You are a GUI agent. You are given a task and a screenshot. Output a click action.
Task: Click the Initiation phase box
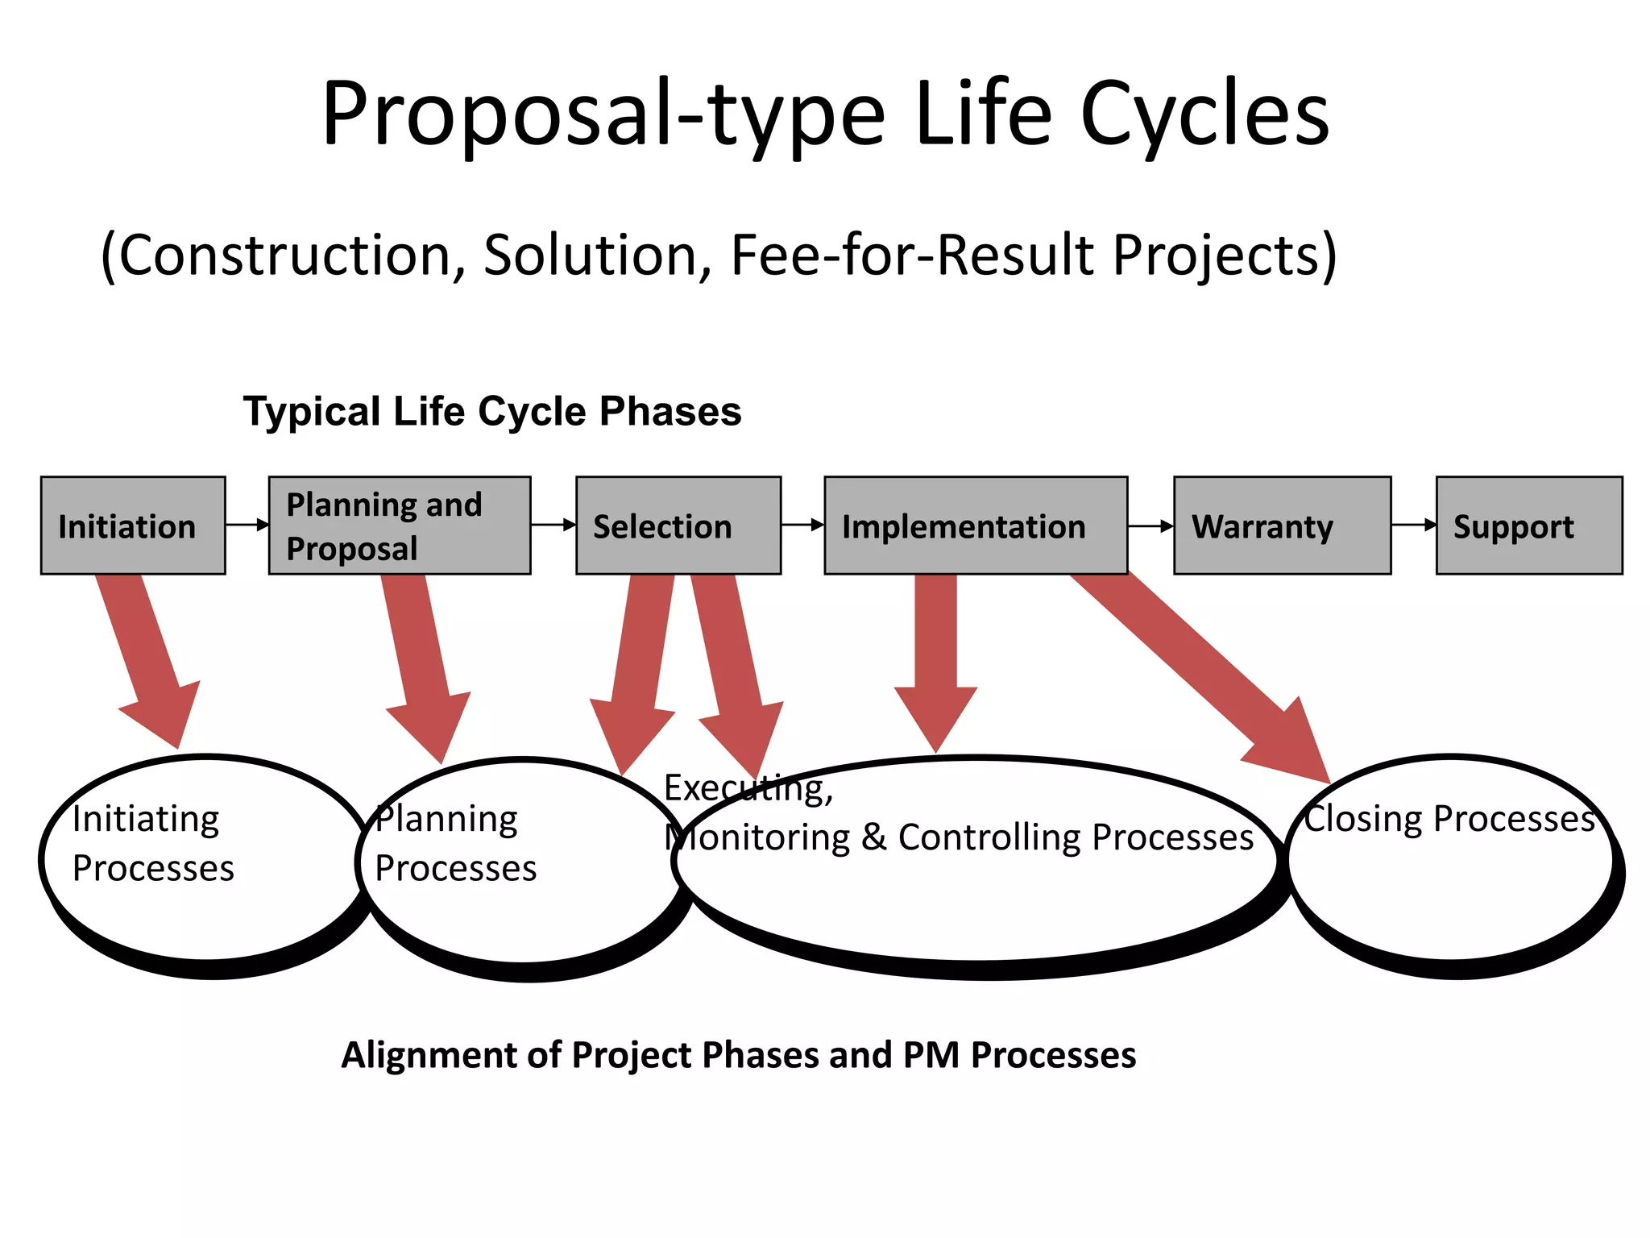[133, 526]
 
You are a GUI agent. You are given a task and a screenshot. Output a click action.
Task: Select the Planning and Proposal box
[399, 526]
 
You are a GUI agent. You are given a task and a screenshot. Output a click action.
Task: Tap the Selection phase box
[678, 526]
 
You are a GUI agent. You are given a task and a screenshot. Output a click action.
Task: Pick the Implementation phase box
[975, 526]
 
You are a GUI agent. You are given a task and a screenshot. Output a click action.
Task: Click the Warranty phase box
[1282, 526]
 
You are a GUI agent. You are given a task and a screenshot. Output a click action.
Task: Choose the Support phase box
[1528, 526]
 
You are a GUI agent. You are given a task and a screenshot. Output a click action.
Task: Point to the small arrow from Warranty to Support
[1413, 525]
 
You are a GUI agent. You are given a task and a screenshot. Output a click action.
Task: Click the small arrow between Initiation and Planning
[247, 525]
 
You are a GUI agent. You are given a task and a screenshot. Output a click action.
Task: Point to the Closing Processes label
[1449, 819]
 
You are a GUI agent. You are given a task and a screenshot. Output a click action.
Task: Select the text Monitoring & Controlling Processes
[959, 837]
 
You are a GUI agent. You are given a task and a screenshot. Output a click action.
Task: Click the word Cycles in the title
[1204, 114]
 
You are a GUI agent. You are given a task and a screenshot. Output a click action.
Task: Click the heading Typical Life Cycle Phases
[491, 411]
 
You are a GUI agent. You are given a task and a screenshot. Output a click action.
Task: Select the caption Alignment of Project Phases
[737, 1054]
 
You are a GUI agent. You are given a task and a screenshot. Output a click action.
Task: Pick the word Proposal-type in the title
[603, 114]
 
